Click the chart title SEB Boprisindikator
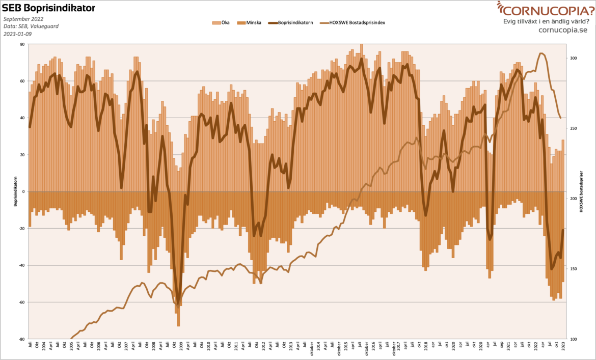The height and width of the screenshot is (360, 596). pyautogui.click(x=48, y=8)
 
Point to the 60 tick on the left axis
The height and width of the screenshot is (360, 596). pyautogui.click(x=22, y=81)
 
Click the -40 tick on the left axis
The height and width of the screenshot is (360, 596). pyautogui.click(x=21, y=265)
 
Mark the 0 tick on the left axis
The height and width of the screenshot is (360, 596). pyautogui.click(x=23, y=191)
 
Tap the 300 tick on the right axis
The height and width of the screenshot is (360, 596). pyautogui.click(x=573, y=58)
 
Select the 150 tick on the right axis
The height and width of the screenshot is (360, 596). pyautogui.click(x=573, y=269)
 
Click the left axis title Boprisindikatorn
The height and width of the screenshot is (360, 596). pyautogui.click(x=15, y=191)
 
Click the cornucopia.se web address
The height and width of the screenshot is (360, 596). pyautogui.click(x=562, y=30)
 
